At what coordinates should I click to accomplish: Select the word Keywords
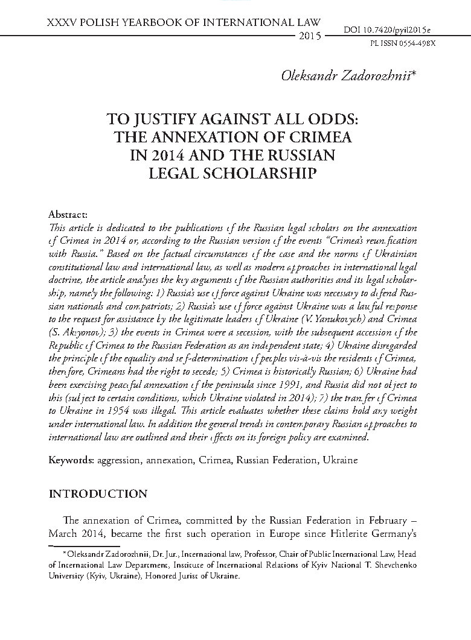point(69,460)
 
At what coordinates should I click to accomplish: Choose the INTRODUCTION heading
point(98,494)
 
